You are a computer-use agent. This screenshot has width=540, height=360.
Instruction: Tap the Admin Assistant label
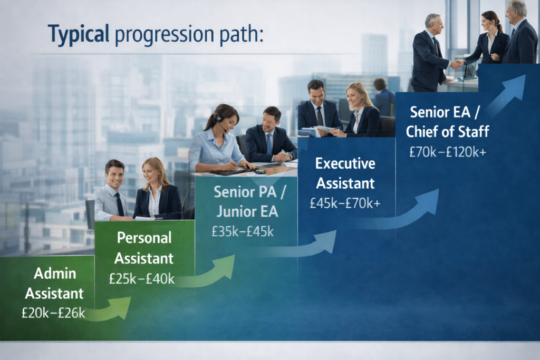click(x=54, y=283)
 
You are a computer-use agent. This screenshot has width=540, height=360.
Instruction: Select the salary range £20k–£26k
click(x=53, y=313)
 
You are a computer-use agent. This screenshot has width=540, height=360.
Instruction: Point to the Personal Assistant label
click(x=144, y=248)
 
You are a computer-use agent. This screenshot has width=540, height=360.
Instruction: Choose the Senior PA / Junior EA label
click(x=249, y=202)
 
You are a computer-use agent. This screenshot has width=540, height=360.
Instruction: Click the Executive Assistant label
click(x=345, y=173)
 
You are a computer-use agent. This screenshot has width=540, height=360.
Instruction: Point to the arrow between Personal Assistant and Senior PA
click(x=211, y=271)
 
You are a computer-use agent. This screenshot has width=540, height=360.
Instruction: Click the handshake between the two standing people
click(x=457, y=64)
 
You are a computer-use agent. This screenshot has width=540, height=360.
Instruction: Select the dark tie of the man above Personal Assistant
click(x=121, y=203)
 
